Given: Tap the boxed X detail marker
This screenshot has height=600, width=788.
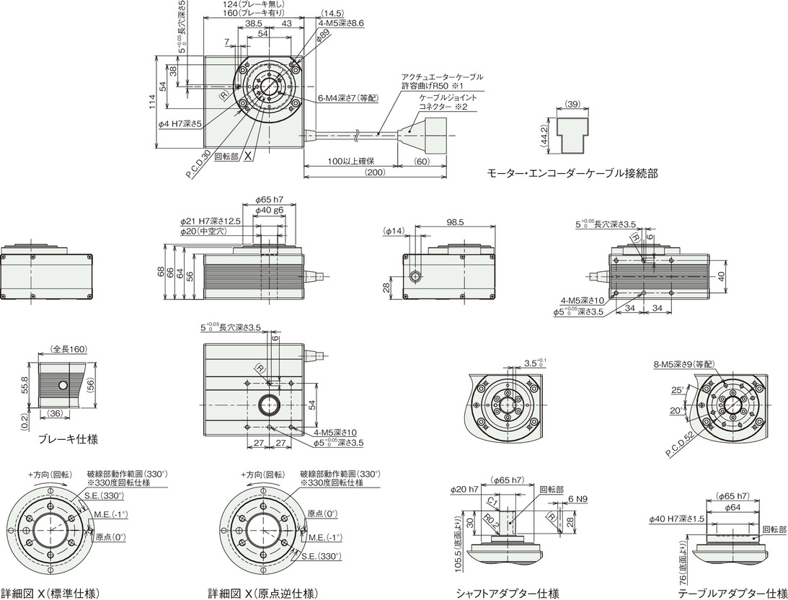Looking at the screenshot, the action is coord(248,156).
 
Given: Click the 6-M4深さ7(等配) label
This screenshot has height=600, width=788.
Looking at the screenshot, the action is coord(347,98).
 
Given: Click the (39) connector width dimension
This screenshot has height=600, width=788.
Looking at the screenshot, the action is coord(573,104).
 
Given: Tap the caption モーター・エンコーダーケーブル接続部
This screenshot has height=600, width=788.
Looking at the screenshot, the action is coord(572,173).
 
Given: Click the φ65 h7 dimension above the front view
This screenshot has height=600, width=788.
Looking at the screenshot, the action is coord(269,200).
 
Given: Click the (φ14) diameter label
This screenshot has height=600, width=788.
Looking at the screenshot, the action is coord(393,231).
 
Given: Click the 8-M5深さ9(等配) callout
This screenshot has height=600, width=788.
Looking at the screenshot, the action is coord(683,364).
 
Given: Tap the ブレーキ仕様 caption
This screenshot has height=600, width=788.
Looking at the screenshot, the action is coord(68,438).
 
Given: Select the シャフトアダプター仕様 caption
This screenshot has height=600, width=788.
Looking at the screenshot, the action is coord(508,594).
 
